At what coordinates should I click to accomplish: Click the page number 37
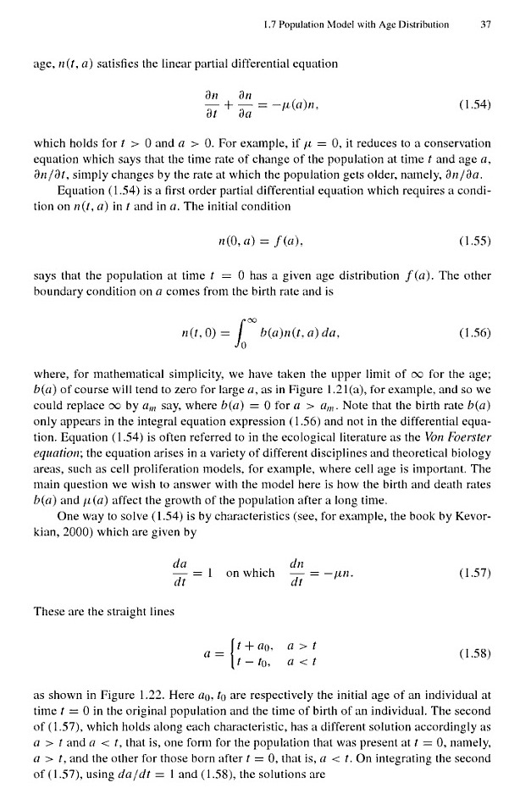485,25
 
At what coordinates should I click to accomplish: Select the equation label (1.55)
469,230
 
